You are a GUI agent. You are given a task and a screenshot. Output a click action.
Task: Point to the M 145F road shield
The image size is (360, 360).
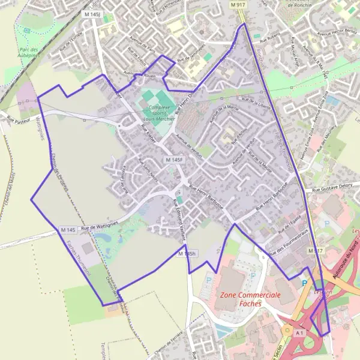pos(173,160)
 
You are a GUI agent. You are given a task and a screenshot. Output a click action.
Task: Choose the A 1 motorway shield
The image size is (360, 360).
pos(300,331)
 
